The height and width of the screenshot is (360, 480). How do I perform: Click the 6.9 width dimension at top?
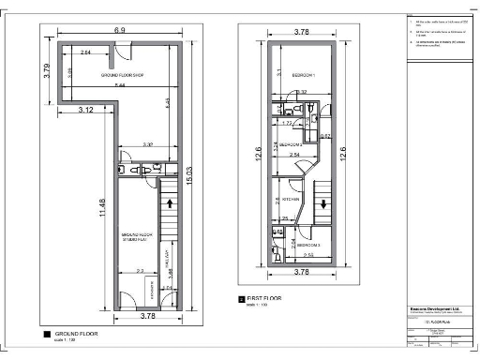pos(119,31)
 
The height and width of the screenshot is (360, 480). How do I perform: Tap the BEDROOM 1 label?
pos(302,74)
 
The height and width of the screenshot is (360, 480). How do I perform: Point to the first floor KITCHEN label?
pos(291,200)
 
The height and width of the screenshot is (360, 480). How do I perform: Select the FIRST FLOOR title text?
pos(264,298)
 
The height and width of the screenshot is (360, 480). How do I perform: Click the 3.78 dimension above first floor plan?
pos(301,32)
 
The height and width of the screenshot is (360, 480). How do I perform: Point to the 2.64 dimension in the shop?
pos(86,53)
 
